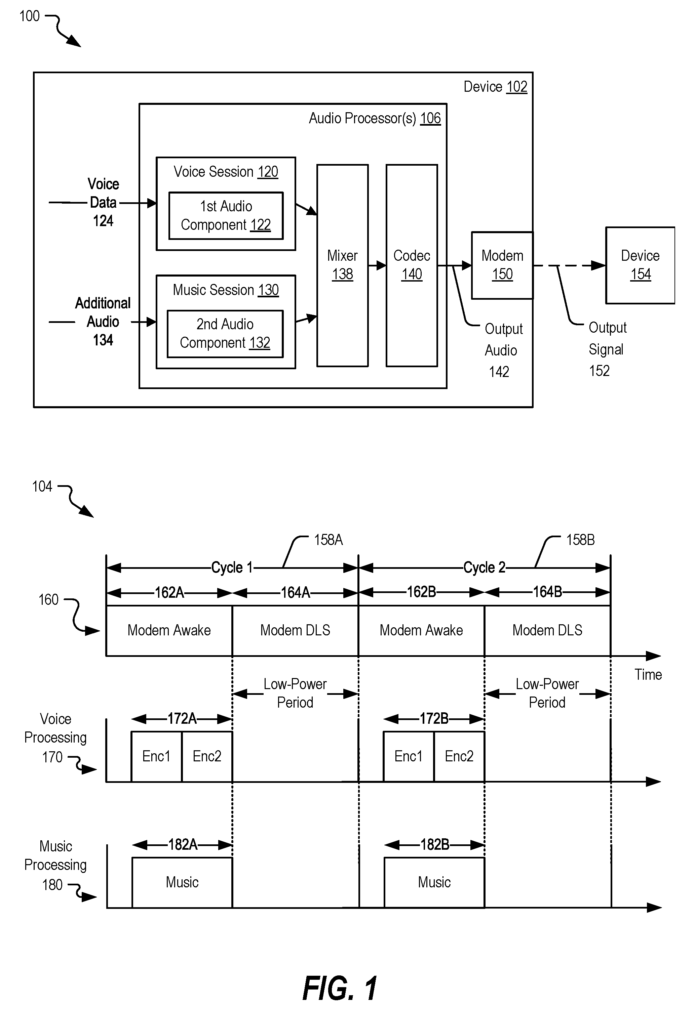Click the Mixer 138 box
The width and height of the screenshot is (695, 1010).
click(x=342, y=265)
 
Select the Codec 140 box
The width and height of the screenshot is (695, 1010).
click(x=412, y=265)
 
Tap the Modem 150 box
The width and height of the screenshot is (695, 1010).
click(x=502, y=265)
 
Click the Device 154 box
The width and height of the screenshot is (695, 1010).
click(x=640, y=265)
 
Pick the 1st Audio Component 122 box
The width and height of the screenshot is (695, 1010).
click(x=226, y=216)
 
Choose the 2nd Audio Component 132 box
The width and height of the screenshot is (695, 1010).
click(x=225, y=334)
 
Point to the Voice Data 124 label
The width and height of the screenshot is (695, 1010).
click(x=103, y=202)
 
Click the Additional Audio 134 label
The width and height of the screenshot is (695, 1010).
click(x=103, y=322)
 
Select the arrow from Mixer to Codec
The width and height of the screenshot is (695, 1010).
click(x=377, y=265)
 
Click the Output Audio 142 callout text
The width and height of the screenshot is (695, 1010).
click(x=503, y=350)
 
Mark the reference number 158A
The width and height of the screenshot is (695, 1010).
click(x=329, y=540)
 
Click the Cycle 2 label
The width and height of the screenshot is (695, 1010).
click(x=484, y=567)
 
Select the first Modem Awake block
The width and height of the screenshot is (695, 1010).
click(x=169, y=631)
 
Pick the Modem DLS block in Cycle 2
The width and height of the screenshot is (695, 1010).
click(x=547, y=631)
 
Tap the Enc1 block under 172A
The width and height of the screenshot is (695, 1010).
click(x=156, y=756)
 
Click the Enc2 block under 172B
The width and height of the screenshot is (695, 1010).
click(x=459, y=756)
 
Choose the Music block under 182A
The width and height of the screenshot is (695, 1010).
click(x=182, y=883)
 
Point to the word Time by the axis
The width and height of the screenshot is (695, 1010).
click(x=648, y=674)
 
